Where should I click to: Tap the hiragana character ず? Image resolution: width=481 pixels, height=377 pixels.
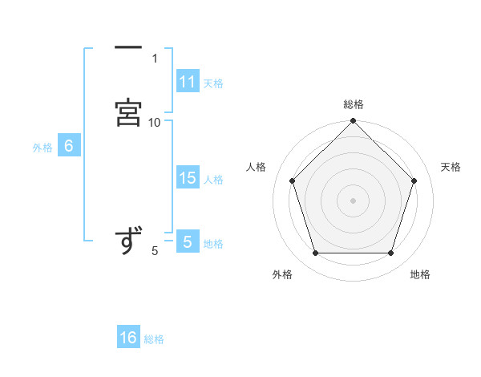coord(128,241)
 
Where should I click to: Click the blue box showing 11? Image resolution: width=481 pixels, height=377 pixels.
coord(188,82)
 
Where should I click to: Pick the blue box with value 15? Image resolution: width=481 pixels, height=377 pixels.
coord(188,179)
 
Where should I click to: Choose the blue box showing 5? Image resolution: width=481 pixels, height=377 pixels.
coord(187,242)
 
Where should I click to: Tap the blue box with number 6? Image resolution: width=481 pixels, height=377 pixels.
coord(68,147)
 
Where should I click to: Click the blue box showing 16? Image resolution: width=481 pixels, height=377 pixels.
coord(128,338)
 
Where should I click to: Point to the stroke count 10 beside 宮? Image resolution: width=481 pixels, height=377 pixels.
coord(155,122)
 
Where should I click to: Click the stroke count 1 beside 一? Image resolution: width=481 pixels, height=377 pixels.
coord(155,59)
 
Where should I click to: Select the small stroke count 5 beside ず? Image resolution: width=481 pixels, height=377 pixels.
coord(155,251)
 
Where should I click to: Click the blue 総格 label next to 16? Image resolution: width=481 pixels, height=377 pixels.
coord(154,339)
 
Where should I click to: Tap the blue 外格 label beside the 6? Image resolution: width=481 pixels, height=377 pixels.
coord(42,148)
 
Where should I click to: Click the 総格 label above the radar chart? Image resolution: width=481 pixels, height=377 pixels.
coord(354,104)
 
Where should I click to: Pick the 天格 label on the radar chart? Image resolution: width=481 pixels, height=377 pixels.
coord(451,167)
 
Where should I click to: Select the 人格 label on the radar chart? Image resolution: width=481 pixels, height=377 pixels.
coord(257,167)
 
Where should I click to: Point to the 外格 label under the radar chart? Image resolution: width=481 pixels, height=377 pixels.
coord(282,274)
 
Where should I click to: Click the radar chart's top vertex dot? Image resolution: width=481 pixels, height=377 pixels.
coord(354,123)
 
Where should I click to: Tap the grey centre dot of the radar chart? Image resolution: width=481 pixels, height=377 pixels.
coord(354,200)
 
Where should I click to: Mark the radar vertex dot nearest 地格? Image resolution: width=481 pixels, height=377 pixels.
coord(390,253)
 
